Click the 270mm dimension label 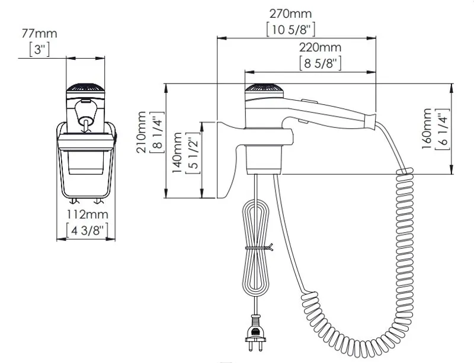pyautogui.click(x=290, y=14)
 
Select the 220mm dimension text pyautogui.click(x=320, y=47)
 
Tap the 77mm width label pyautogui.click(x=39, y=33)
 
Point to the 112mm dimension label pyautogui.click(x=87, y=214)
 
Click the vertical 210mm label pyautogui.click(x=142, y=132)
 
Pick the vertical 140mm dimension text pyautogui.click(x=177, y=153)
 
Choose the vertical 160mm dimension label pyautogui.click(x=427, y=129)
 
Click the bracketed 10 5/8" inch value pyautogui.click(x=291, y=30)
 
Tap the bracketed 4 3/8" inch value pyautogui.click(x=87, y=230)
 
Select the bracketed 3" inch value pyautogui.click(x=39, y=49)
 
